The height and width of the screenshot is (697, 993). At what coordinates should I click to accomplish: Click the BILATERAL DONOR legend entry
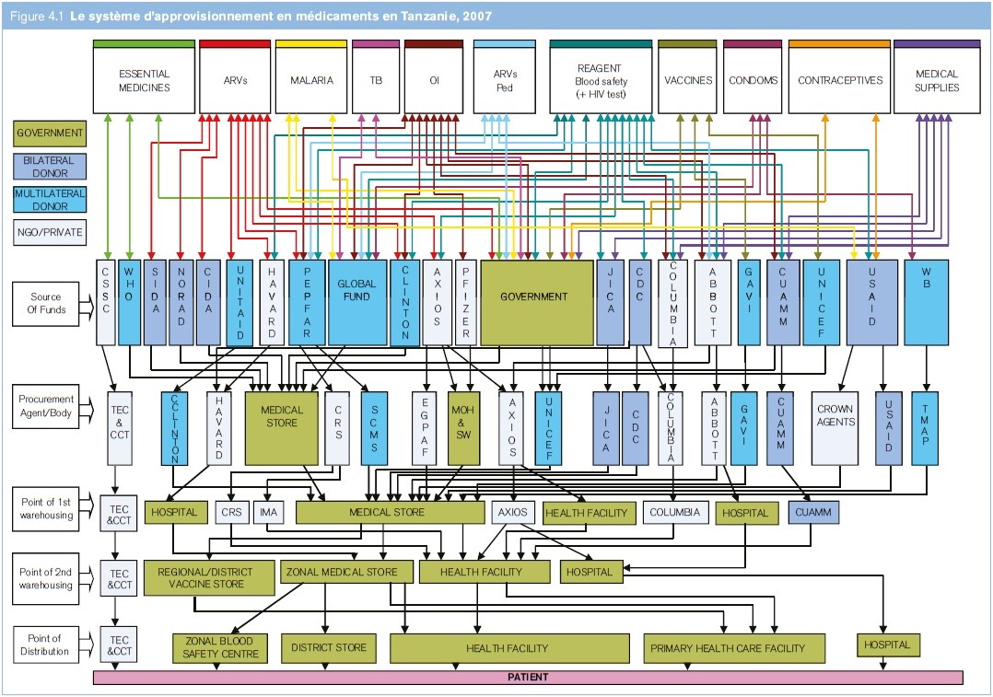pyautogui.click(x=50, y=167)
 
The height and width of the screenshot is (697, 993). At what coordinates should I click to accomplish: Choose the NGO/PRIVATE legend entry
pyautogui.click(x=50, y=232)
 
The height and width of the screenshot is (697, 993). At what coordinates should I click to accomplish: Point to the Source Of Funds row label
pyautogui.click(x=46, y=304)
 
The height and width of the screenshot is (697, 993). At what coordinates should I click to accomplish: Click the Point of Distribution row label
pyautogui.click(x=44, y=645)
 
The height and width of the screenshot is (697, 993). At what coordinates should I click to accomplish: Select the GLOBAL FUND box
pyautogui.click(x=356, y=303)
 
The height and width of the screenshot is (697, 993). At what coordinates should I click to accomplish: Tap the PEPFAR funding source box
pyautogui.click(x=307, y=303)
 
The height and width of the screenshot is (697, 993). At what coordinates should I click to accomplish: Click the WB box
pyautogui.click(x=926, y=303)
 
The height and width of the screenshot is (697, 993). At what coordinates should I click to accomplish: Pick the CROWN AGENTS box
pyautogui.click(x=835, y=428)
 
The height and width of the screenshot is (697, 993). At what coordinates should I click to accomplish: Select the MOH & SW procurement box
pyautogui.click(x=463, y=428)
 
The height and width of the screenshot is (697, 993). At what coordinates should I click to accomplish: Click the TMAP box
pyautogui.click(x=925, y=428)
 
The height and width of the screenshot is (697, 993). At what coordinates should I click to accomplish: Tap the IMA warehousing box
pyautogui.click(x=268, y=512)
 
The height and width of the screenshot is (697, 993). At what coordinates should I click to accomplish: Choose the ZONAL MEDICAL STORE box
pyautogui.click(x=342, y=572)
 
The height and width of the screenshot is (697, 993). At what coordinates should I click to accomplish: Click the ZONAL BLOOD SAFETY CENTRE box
pyautogui.click(x=220, y=647)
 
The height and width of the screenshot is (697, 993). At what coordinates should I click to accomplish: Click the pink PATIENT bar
pyautogui.click(x=528, y=678)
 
